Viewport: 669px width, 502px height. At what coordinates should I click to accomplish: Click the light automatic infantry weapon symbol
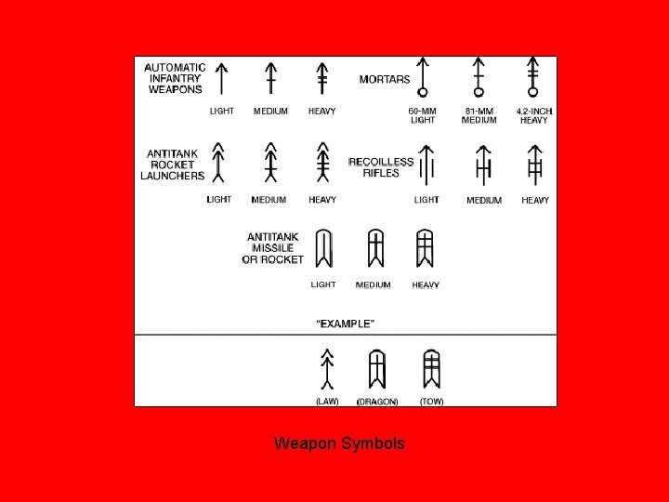(x=221, y=79)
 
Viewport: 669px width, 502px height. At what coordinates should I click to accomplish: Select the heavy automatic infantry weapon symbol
(x=322, y=79)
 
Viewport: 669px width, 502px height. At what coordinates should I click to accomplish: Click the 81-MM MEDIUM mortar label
(x=479, y=115)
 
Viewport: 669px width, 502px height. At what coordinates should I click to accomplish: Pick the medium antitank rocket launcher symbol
(x=270, y=164)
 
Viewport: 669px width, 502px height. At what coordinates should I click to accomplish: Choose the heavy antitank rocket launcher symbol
(x=322, y=164)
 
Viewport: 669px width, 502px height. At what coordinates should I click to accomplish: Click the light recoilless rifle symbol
(x=426, y=165)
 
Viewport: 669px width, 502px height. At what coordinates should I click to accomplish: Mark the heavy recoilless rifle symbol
(x=534, y=165)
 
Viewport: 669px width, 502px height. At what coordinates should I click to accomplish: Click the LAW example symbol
(x=327, y=369)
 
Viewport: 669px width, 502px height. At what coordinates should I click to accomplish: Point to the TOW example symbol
(x=431, y=369)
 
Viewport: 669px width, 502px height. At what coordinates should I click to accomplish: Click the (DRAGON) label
(x=377, y=402)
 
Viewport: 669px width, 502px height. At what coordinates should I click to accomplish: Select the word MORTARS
(x=385, y=79)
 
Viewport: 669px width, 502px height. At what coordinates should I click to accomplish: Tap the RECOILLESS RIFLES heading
(x=381, y=167)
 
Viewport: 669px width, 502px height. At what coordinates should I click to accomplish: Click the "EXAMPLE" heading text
(x=346, y=324)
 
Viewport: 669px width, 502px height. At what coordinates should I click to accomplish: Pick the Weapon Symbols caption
(x=339, y=443)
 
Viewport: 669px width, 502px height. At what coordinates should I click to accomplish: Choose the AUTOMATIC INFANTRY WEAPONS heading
(x=176, y=78)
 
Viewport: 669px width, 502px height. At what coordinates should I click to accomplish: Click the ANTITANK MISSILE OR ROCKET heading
(x=272, y=248)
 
